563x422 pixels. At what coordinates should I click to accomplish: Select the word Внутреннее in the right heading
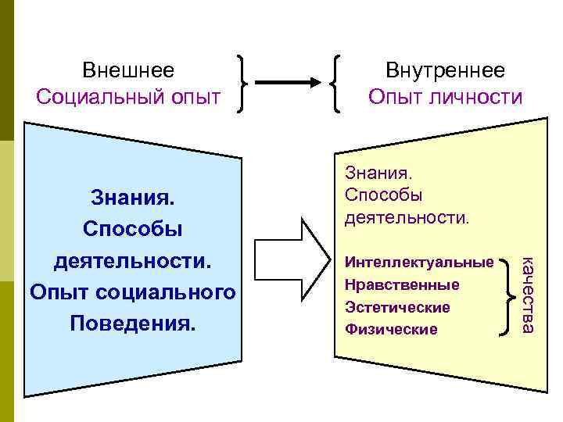point(445,70)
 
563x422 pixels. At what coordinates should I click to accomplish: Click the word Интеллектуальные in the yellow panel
point(419,263)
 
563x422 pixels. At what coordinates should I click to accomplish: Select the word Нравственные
point(401,285)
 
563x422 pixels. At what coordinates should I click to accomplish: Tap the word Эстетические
point(397,307)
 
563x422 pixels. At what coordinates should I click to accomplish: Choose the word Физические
point(391,329)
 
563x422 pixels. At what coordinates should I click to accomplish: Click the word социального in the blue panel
point(174,291)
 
